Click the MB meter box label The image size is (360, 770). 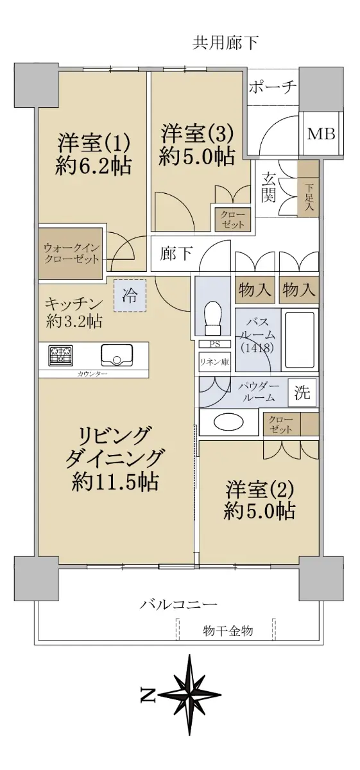[321, 133]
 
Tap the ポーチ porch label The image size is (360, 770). [272, 87]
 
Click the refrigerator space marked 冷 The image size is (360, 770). [130, 295]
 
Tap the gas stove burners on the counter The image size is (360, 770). [62, 355]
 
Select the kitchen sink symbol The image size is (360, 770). [117, 355]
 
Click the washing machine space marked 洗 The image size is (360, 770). [302, 392]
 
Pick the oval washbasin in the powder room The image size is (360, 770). [228, 422]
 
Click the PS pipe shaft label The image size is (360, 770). [214, 344]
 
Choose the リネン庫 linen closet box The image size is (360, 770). [215, 361]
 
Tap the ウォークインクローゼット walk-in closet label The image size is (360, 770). [71, 253]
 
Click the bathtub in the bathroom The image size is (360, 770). [300, 339]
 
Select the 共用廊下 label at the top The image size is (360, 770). [225, 42]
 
